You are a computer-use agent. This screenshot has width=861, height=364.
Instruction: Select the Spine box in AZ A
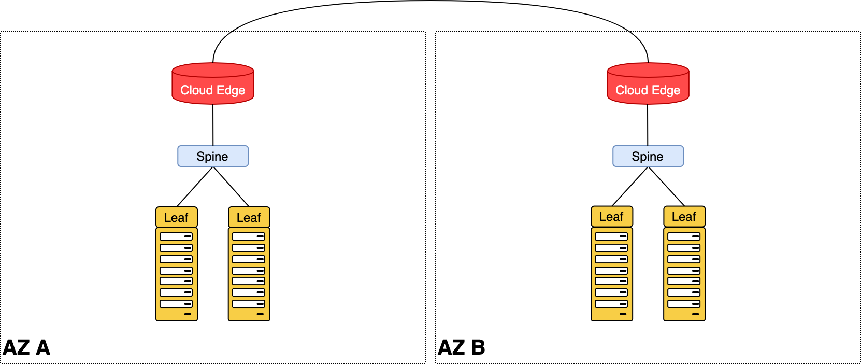coord(212,156)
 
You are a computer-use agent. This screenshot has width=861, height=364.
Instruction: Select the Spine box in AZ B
coord(648,156)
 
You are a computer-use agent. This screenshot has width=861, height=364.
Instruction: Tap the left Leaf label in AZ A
coord(176,218)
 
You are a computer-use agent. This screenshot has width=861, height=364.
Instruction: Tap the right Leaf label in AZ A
coord(249,218)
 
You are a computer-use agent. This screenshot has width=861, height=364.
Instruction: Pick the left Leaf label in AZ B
coord(611,217)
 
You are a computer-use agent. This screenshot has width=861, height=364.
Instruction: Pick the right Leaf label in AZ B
coord(684,217)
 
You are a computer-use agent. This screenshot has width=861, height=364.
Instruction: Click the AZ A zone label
coord(26,347)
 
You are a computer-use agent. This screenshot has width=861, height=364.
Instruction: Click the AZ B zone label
coord(462,347)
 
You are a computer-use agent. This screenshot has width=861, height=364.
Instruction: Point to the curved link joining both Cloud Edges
coord(430,2)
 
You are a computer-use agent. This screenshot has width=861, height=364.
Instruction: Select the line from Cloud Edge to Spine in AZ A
coord(213,124)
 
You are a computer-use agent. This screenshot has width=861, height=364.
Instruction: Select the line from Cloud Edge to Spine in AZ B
coord(648,124)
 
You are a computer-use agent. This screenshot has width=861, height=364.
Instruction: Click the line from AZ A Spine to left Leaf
coord(195,187)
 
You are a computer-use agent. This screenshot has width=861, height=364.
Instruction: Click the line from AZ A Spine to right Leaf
coord(231,187)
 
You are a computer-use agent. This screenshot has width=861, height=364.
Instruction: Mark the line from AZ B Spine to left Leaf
coord(630,187)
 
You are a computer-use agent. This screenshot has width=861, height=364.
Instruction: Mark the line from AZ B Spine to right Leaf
coord(666,187)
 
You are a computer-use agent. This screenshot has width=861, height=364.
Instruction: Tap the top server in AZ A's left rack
coord(176,236)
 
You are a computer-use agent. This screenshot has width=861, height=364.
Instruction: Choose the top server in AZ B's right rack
coord(684,236)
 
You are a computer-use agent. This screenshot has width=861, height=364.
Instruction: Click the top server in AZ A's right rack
coord(249,236)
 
